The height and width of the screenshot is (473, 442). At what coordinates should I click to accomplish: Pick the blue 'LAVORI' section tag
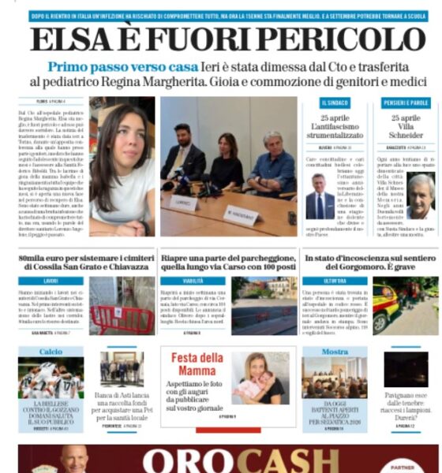pyautogui.click(x=51, y=280)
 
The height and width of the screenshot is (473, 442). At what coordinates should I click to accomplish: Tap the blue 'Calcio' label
pyautogui.click(x=51, y=352)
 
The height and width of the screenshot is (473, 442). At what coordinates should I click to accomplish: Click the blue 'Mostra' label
pyautogui.click(x=335, y=352)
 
